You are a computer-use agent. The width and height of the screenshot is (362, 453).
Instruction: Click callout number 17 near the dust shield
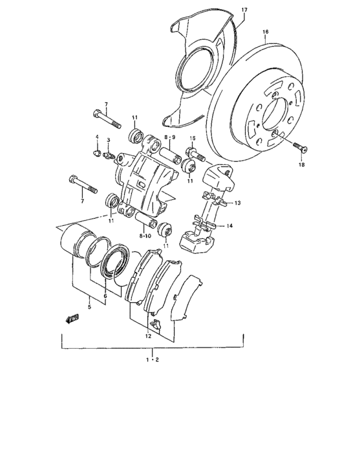point(244,10)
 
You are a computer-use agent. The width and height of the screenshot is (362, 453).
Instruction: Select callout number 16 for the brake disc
point(265,32)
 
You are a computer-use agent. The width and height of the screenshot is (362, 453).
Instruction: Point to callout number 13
point(237,203)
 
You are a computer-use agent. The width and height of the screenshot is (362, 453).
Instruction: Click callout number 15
point(192,138)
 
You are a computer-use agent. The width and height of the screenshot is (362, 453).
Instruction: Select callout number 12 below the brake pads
point(148,336)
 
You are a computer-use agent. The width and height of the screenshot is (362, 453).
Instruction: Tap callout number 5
point(89,307)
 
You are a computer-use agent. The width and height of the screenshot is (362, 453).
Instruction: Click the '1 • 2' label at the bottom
point(153,360)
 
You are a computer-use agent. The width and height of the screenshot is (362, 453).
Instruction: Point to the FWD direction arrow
point(71,318)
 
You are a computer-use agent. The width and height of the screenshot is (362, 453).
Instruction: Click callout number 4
point(98,137)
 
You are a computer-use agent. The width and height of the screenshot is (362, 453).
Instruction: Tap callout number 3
point(109,140)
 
